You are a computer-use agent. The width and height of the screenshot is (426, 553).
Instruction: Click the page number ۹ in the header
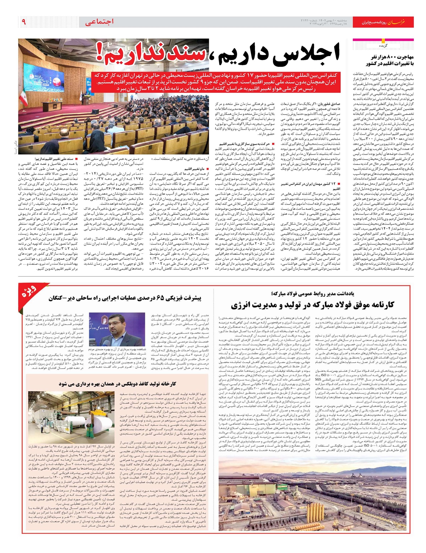click(24, 22)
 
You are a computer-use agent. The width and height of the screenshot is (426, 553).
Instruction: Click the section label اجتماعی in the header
click(100, 22)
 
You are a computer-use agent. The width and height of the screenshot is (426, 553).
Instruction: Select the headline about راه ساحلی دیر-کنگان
click(125, 298)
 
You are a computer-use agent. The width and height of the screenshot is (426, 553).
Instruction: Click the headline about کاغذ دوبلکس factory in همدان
click(118, 384)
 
